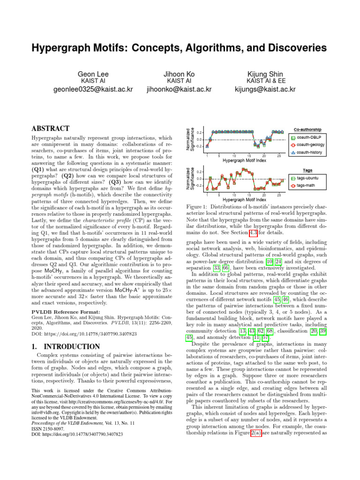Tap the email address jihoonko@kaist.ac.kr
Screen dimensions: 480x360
click(x=179, y=89)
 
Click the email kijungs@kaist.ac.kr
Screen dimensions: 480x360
click(x=265, y=89)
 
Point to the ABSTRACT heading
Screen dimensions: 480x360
click(x=51, y=128)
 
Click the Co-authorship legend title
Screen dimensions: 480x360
click(x=307, y=129)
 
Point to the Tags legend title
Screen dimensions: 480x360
click(x=307, y=171)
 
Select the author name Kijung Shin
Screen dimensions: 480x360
click(x=265, y=75)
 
